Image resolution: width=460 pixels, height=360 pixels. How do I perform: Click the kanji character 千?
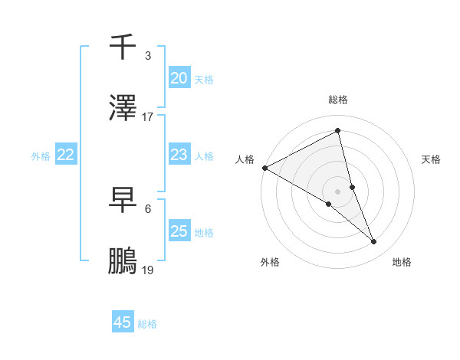coord(123,47)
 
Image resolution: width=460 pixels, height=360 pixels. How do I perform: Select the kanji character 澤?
coord(123,109)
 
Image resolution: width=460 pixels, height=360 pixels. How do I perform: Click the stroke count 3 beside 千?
coord(148,55)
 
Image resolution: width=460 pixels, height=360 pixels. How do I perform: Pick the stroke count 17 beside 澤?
coord(148,116)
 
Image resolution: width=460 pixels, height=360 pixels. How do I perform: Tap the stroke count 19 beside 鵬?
coord(148,270)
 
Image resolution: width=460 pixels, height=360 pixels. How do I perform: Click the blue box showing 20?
coord(179,78)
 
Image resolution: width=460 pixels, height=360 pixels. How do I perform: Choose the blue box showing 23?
coord(179,155)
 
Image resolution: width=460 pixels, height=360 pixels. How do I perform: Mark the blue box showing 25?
coord(179,231)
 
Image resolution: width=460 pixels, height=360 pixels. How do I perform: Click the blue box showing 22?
coord(65,155)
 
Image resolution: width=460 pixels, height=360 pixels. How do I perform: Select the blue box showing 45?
coord(123,322)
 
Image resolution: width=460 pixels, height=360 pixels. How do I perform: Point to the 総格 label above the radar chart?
coord(338,100)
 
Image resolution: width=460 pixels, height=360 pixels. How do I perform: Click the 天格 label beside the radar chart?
coord(432,159)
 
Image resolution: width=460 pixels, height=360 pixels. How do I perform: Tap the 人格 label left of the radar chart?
coord(245,159)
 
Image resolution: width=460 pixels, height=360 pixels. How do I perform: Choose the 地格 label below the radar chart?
coord(402,262)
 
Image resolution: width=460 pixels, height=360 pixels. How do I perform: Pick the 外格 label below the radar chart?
coord(270,262)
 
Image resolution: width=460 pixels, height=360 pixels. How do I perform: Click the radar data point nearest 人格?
coord(264,168)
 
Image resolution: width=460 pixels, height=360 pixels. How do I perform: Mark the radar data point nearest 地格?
coord(374,242)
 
